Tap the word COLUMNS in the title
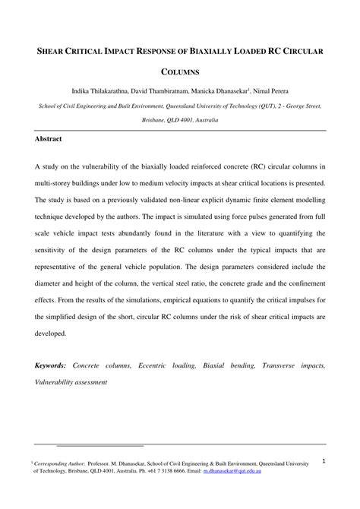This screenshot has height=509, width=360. click(180, 73)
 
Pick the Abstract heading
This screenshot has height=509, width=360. click(48, 140)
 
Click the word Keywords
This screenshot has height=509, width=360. click(50, 365)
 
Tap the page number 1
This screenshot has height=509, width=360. click(324, 461)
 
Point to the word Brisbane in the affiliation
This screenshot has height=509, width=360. click(156, 120)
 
